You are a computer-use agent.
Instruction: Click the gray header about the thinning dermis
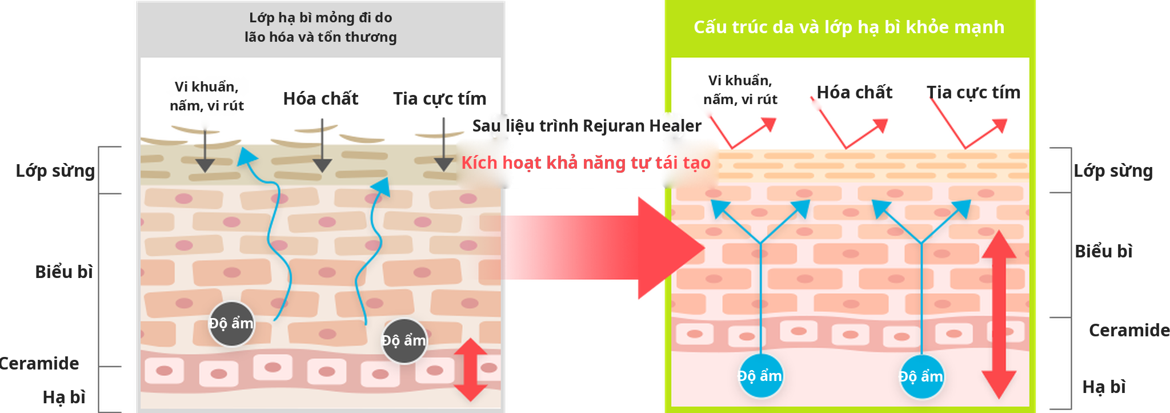coord(320,27)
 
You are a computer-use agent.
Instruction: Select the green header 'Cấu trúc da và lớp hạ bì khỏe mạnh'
coord(849,27)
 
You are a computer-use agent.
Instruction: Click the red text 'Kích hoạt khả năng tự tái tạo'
coord(586,162)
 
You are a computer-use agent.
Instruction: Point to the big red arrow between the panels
coord(604,248)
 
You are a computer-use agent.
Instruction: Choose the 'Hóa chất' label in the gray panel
coord(321,98)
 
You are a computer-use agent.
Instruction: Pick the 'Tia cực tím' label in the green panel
coord(973,92)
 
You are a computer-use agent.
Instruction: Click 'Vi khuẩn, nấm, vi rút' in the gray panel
coord(207,96)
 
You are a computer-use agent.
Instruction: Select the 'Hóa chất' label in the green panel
coord(855,92)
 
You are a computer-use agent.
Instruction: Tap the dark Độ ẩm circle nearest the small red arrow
coord(404,341)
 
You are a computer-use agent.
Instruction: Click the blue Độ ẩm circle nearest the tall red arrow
coord(921,376)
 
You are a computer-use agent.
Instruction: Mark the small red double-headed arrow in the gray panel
coord(470,370)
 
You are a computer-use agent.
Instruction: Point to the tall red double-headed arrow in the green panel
coord(999,314)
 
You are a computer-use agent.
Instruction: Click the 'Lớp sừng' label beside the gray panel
coord(55,170)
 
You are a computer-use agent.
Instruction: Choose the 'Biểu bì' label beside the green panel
coord(1104,251)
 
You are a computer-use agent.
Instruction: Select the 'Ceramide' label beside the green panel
coord(1129,330)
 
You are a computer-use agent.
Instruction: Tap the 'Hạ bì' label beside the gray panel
coord(64,397)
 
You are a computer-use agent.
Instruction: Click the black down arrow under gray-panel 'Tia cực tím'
coord(444,145)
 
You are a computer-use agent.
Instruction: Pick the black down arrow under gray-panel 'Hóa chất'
coord(322,146)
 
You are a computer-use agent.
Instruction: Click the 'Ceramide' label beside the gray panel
coord(39,363)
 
